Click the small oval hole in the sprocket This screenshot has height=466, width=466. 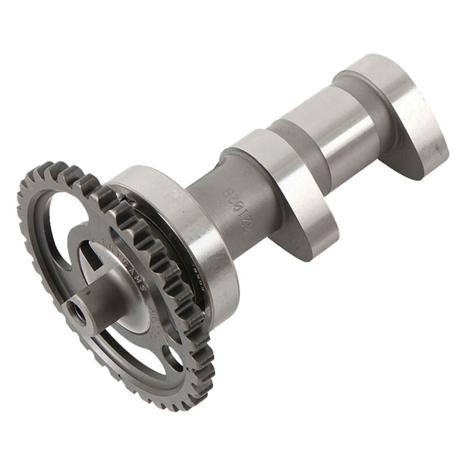pos(173,356)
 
